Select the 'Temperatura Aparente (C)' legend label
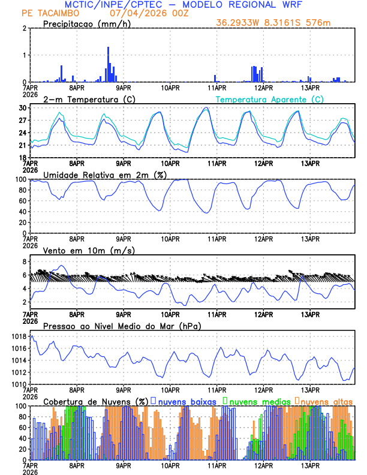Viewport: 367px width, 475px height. (269, 99)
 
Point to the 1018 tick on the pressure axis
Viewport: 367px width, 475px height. (20, 337)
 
